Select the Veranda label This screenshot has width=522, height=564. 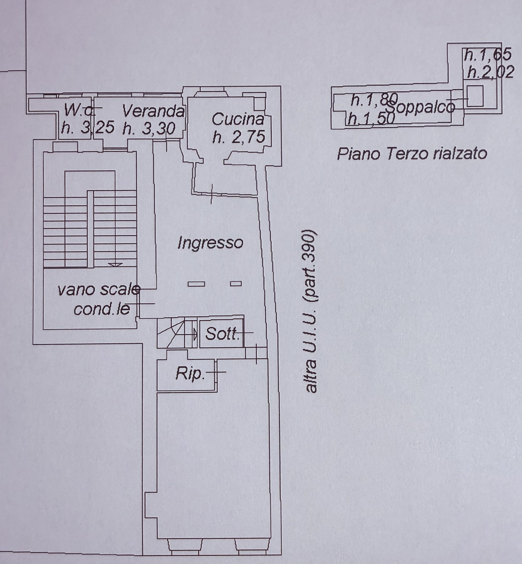tap(154, 111)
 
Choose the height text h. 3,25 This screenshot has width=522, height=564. tap(88, 128)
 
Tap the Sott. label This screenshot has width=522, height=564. tap(222, 334)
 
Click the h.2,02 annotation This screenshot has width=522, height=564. tap(490, 72)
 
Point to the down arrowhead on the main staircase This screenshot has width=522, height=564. tap(115, 265)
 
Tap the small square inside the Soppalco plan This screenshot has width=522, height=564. tap(475, 96)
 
